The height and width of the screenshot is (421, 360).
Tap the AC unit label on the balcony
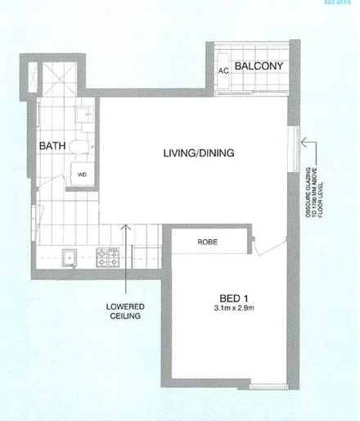[223, 70]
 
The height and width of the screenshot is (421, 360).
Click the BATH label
[52, 146]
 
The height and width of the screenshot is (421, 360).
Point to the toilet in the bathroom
[76, 147]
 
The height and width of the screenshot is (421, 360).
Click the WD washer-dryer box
[83, 174]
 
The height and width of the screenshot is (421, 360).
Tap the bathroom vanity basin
[83, 117]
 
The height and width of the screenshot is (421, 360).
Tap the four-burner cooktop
[106, 258]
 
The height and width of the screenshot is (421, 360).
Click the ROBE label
[207, 242]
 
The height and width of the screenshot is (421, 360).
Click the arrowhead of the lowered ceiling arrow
[124, 229]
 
